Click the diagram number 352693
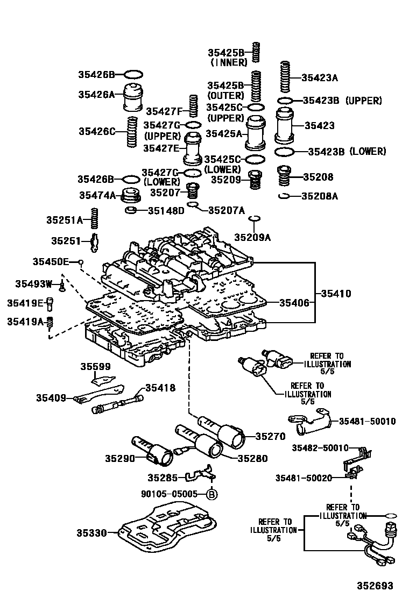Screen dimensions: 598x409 [x=373, y=586]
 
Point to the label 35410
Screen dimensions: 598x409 [x=336, y=294]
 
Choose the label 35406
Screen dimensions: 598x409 [x=294, y=303]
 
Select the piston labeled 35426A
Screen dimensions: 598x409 [x=133, y=97]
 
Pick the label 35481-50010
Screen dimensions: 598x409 [x=367, y=421]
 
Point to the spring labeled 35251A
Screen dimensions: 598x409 [x=94, y=219]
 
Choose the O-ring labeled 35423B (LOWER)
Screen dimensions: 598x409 [x=285, y=152]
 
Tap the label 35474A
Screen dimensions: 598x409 [x=97, y=195]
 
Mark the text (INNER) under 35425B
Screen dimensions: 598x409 [x=228, y=62]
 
